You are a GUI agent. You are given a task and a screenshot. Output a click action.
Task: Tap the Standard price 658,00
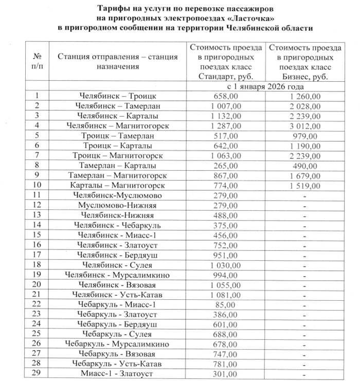click(x=226, y=96)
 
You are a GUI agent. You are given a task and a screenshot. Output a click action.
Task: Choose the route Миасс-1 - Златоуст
click(x=118, y=374)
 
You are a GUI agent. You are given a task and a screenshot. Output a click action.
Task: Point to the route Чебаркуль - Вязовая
click(x=118, y=354)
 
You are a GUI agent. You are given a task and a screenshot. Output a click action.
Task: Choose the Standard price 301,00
click(x=226, y=374)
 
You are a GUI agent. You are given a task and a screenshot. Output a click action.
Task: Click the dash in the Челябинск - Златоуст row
click(x=305, y=245)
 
